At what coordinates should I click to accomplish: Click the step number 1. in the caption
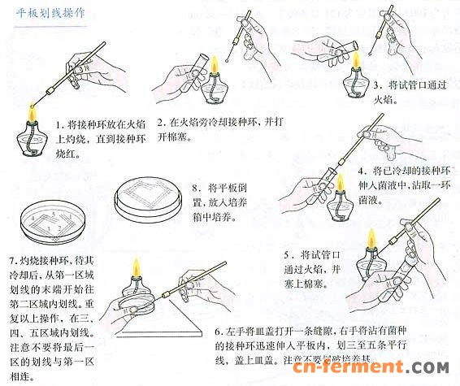coord(60,124)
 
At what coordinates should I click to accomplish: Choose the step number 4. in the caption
coord(362,171)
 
